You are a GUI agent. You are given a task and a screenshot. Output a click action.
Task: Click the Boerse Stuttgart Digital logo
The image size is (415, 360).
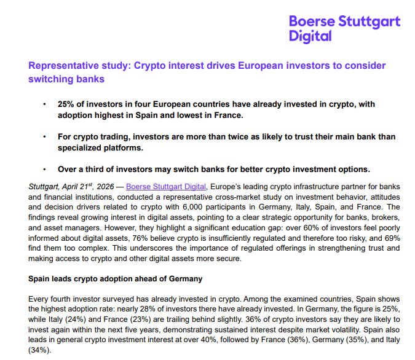pos(344,28)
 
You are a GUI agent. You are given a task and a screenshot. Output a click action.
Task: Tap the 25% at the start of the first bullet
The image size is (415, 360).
pos(66,104)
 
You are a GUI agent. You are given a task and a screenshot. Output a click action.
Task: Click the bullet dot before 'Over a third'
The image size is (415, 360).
pos(44,169)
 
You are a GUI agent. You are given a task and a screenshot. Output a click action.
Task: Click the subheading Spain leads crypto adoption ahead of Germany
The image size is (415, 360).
pos(116,278)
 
